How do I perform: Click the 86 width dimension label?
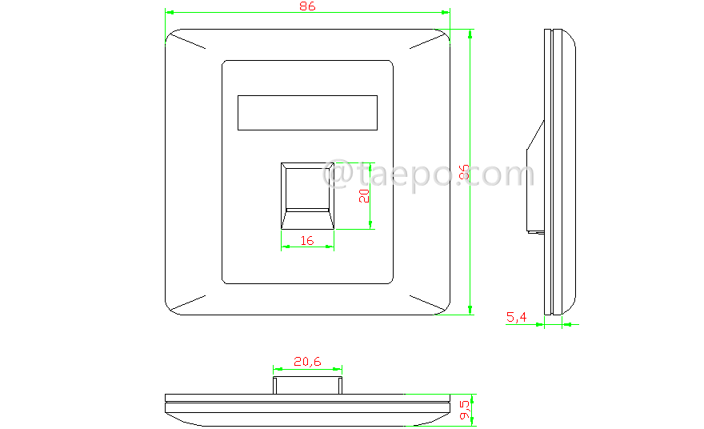tap(307, 6)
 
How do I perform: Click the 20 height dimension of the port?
tap(364, 196)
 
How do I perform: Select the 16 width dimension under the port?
tap(306, 240)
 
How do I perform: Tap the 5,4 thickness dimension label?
tap(516, 318)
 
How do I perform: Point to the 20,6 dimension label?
tap(307, 362)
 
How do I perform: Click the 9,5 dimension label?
tap(464, 410)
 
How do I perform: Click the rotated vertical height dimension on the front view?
tap(463, 173)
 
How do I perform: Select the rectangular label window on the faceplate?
tap(307, 112)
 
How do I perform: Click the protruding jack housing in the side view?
tap(534, 180)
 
